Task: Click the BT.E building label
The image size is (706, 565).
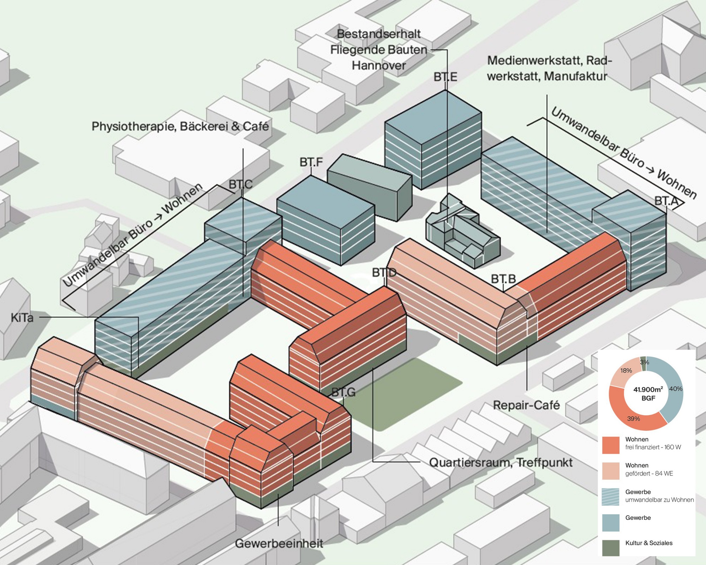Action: tap(445, 77)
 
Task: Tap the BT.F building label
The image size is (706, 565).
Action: tap(311, 162)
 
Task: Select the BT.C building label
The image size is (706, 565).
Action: tap(240, 184)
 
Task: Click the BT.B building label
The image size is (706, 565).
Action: tap(503, 279)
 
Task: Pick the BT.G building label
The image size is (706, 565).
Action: tap(343, 392)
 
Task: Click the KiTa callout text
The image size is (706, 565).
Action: tap(22, 318)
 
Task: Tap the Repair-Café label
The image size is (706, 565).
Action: tap(526, 405)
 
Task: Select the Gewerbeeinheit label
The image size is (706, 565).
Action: tap(279, 543)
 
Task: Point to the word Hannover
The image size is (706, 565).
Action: tap(379, 65)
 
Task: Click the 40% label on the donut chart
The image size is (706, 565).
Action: tap(676, 389)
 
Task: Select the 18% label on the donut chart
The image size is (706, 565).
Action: tap(626, 370)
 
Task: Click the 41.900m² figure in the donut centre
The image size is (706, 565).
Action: tap(648, 389)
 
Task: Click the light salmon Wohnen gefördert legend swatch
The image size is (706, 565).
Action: tap(611, 471)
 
